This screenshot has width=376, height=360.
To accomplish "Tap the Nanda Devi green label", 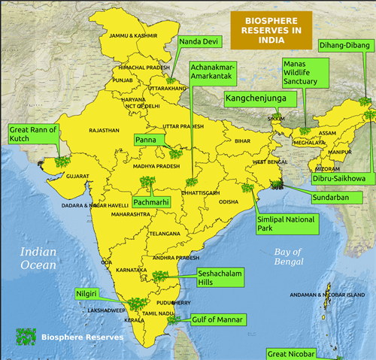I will click(x=199, y=41).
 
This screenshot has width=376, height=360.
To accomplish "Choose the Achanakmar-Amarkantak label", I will click(x=213, y=72).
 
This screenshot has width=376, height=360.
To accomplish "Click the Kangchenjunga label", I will click(x=261, y=98).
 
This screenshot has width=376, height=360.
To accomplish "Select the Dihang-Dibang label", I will click(x=345, y=44).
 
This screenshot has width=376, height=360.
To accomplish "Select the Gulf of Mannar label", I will click(x=218, y=319).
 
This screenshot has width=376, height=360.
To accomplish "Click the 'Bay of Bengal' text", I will click(x=287, y=256).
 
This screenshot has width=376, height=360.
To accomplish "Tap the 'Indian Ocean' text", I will click(x=38, y=259).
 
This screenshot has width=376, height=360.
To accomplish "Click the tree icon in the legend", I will click(x=26, y=337).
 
